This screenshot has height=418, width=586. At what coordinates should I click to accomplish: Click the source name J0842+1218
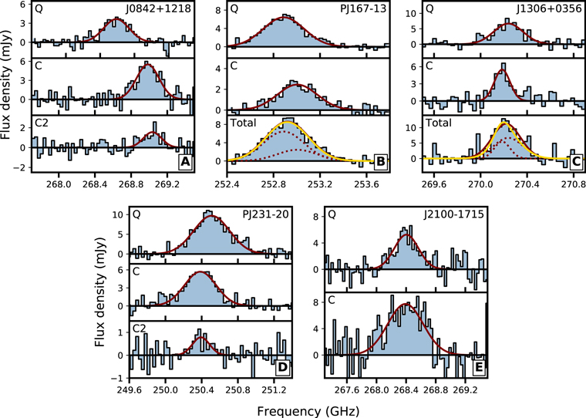pyautogui.click(x=159, y=8)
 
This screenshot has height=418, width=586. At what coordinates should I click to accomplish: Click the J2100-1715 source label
pyautogui.click(x=453, y=214)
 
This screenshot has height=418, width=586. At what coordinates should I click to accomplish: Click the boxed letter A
pyautogui.click(x=185, y=162)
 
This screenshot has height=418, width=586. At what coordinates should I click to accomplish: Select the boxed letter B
pyautogui.click(x=381, y=162)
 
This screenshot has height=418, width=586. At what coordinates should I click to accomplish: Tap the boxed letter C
pyautogui.click(x=576, y=162)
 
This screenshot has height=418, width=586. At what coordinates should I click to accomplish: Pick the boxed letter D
pyautogui.click(x=283, y=367)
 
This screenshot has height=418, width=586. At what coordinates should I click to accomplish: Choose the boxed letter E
pyautogui.click(x=478, y=367)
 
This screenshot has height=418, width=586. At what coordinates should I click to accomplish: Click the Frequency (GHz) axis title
pyautogui.click(x=308, y=411)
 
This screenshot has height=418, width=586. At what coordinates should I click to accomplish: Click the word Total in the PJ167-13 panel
pyautogui.click(x=244, y=123)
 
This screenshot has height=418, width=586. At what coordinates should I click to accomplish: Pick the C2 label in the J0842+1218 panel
pyautogui.click(x=42, y=123)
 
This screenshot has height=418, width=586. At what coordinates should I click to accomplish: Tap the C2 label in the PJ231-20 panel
pyautogui.click(x=140, y=328)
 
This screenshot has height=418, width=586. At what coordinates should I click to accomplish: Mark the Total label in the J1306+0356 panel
pyautogui.click(x=439, y=123)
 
